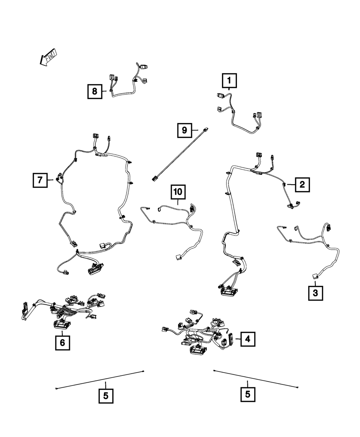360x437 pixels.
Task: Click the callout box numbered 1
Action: (230, 81)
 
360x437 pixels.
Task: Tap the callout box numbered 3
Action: (315, 293)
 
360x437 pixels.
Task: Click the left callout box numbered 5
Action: (106, 396)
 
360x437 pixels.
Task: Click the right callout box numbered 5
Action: (248, 394)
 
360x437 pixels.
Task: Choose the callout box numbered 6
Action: (62, 343)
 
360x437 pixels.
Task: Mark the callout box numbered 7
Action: (40, 180)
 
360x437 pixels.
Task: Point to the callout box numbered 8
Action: (95, 91)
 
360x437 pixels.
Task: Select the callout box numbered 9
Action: (185, 130)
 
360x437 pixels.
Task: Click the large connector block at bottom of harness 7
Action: (94, 268)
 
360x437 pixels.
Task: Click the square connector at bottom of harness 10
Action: (179, 257)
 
